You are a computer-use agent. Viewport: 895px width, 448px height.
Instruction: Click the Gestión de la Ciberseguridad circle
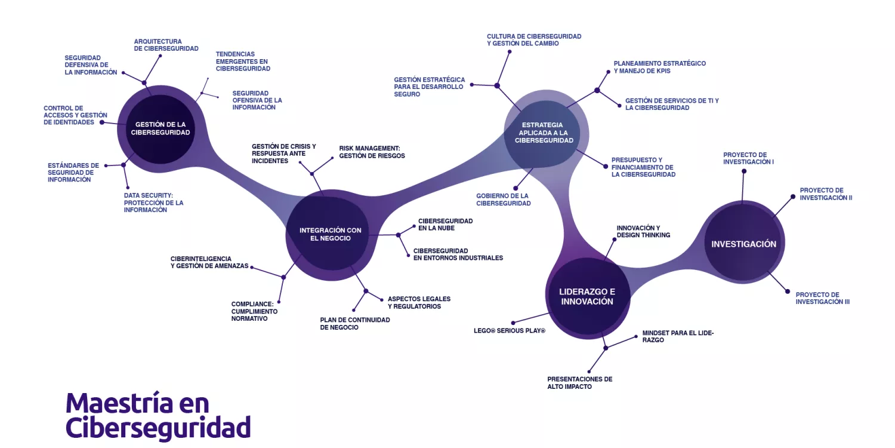[x=160, y=128]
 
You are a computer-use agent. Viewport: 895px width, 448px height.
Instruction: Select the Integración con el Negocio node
[x=330, y=234]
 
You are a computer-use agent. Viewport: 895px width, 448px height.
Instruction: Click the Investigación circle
[x=743, y=244]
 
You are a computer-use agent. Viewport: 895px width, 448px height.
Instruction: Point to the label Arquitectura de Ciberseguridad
[x=166, y=45]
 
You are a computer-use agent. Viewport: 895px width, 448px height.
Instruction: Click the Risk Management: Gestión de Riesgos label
[x=372, y=152]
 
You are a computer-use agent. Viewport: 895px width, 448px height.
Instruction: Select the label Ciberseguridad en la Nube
[x=445, y=225]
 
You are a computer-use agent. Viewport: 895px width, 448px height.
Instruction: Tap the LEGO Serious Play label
[x=509, y=330]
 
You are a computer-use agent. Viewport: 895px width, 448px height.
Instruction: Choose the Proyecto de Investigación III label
[x=822, y=298]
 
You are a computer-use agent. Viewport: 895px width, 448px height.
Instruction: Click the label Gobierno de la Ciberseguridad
[x=503, y=200]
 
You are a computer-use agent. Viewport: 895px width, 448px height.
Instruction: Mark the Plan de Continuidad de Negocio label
[x=354, y=323]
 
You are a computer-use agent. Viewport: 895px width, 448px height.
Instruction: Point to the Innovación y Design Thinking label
[x=643, y=231]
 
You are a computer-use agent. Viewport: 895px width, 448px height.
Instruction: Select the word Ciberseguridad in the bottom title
[x=158, y=428]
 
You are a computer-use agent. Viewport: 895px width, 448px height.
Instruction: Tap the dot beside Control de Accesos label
[x=101, y=122]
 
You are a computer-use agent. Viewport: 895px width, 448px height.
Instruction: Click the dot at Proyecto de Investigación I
[x=744, y=171]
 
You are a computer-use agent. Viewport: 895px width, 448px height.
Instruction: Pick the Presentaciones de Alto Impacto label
[x=579, y=383]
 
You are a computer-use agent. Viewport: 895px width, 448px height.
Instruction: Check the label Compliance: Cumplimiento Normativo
[x=254, y=311]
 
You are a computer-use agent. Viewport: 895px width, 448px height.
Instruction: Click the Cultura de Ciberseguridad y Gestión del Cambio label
[x=533, y=40]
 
